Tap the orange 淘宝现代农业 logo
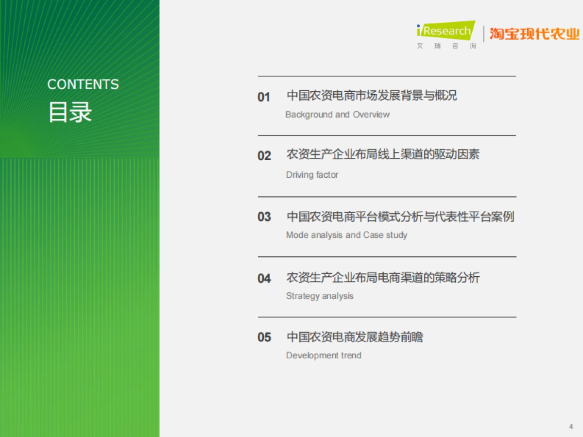click(x=534, y=34)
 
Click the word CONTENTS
click(x=83, y=84)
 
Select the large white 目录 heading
click(x=70, y=113)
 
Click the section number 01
click(x=264, y=97)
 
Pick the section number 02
click(x=264, y=156)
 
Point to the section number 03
click(x=264, y=217)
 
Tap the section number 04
click(x=264, y=279)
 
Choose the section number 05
click(x=264, y=337)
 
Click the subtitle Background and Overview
click(x=337, y=115)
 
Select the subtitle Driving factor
click(x=312, y=175)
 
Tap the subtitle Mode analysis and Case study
click(x=346, y=235)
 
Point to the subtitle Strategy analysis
click(x=320, y=296)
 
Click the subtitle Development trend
click(x=324, y=355)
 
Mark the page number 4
click(x=571, y=426)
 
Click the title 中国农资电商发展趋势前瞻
click(x=355, y=337)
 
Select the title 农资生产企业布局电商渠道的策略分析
click(x=383, y=278)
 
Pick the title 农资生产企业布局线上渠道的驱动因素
click(x=383, y=155)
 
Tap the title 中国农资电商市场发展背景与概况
click(x=372, y=95)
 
